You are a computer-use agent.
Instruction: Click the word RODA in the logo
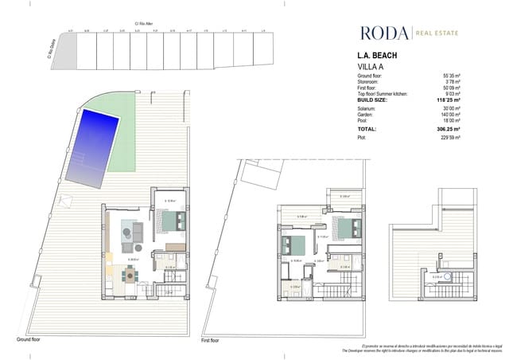point(384,33)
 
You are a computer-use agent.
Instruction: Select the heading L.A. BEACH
point(379,56)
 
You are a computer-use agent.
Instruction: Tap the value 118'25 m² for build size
point(452,100)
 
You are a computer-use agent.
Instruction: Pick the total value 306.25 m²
point(451,128)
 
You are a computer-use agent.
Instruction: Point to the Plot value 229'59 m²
point(452,138)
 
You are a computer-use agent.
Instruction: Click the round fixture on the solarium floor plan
point(448,277)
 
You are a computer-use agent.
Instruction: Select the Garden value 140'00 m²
point(452,113)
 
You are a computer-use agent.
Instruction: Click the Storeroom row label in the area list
point(374,80)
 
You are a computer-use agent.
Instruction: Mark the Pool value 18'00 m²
point(452,119)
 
